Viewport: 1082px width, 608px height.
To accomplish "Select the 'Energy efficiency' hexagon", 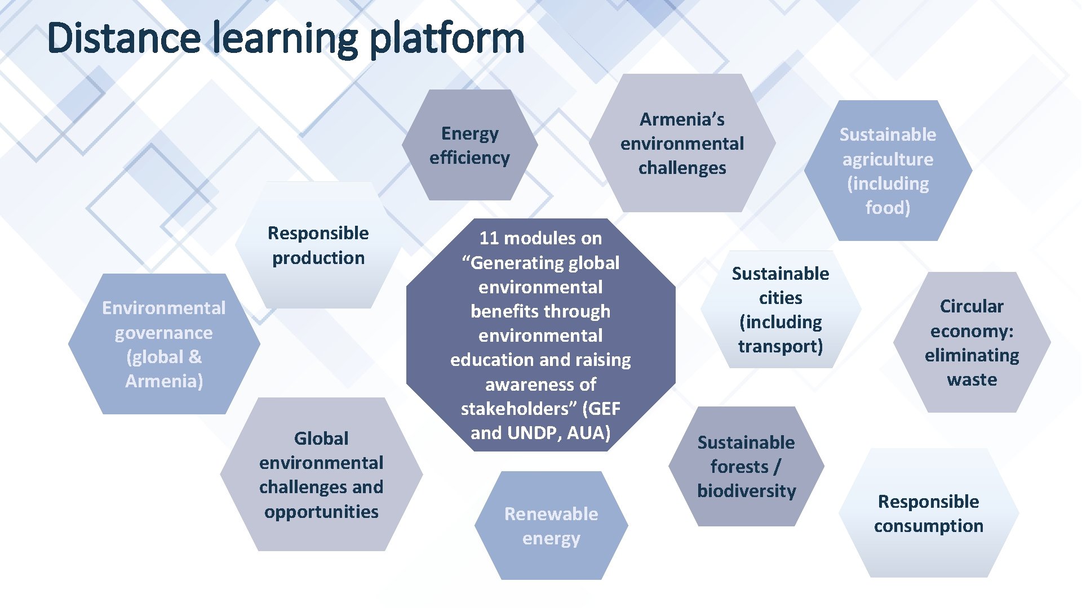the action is click(x=469, y=145).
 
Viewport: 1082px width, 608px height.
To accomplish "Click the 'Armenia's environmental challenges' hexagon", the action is click(x=682, y=144).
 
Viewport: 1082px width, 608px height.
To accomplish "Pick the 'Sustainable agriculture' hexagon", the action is click(x=888, y=171).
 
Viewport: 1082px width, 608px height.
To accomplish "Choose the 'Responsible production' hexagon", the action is click(x=318, y=245).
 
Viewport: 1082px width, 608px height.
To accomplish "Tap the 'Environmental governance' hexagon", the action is click(x=164, y=344).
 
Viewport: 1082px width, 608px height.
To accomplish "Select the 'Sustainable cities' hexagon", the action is click(x=781, y=310).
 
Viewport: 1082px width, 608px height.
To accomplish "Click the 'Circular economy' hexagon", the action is click(x=972, y=342).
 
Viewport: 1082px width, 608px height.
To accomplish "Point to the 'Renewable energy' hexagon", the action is click(x=551, y=526).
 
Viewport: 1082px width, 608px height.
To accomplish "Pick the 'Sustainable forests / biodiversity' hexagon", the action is click(x=746, y=466).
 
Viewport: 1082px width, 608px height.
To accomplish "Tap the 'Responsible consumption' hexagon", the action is click(x=928, y=513).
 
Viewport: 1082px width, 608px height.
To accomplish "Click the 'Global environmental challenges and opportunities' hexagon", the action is click(x=321, y=475).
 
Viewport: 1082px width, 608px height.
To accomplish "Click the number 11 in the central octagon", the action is click(x=489, y=238).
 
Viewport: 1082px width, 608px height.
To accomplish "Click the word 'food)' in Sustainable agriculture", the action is click(x=888, y=208).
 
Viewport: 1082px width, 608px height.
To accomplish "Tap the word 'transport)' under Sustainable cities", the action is click(x=781, y=346).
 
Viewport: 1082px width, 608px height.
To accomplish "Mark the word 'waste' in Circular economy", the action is click(x=972, y=379).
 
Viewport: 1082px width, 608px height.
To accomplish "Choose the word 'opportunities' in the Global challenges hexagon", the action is click(x=321, y=512).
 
